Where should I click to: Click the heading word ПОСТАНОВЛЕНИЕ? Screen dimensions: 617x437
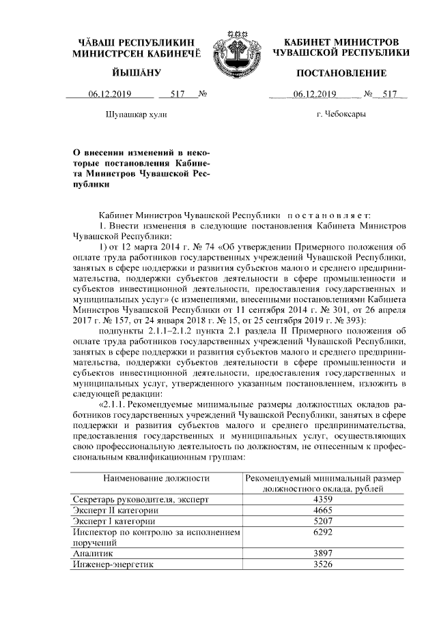click(x=341, y=73)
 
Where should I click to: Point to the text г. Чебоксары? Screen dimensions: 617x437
click(x=341, y=115)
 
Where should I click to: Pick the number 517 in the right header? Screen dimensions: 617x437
click(x=391, y=94)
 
